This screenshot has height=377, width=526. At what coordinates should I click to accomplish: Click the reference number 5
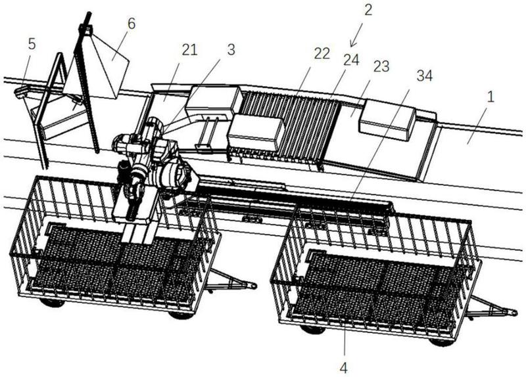pyautogui.click(x=32, y=45)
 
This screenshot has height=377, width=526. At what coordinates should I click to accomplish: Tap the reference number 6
pyautogui.click(x=131, y=24)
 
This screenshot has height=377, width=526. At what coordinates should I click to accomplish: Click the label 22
pyautogui.click(x=322, y=55)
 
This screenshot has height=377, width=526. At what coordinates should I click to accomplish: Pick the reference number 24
pyautogui.click(x=351, y=60)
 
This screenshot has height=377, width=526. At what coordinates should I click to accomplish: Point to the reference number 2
pyautogui.click(x=368, y=9)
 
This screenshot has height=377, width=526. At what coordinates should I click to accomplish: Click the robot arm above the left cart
pyautogui.click(x=148, y=164)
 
